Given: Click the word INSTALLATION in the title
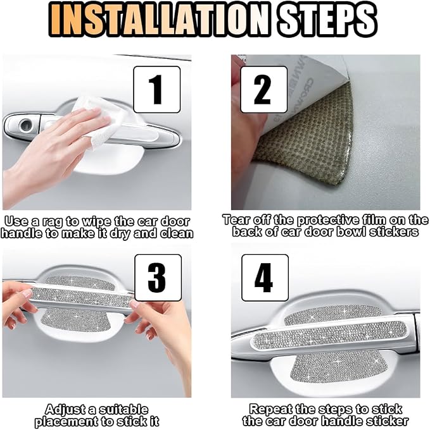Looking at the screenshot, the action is [159, 18].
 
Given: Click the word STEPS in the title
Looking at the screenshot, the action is [327, 18].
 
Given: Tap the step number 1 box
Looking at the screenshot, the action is [157, 89].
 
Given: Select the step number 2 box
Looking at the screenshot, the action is [263, 89].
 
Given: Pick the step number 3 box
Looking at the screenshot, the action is [158, 278].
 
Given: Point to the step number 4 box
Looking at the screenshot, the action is [265, 278].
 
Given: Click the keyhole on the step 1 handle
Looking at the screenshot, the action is [25, 125].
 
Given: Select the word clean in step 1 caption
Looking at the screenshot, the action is [177, 233].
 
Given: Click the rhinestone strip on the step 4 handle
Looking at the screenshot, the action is [329, 335].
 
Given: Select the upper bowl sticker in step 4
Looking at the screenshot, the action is [333, 315].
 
